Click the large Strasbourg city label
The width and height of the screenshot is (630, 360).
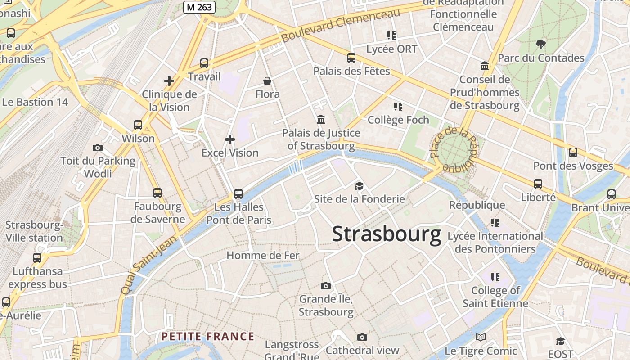click(387, 234)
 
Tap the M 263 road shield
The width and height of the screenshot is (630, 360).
click(199, 7)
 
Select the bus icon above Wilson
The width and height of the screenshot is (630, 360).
click(138, 125)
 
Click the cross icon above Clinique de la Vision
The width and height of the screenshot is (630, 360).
click(169, 81)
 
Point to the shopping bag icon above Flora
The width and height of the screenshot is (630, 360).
click(267, 81)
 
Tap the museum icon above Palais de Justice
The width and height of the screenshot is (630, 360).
click(321, 120)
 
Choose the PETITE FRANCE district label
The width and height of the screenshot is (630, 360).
click(208, 337)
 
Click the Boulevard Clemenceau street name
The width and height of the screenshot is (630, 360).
click(341, 25)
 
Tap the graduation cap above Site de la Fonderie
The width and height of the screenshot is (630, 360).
click(359, 186)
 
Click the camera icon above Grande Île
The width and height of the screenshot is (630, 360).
click(326, 286)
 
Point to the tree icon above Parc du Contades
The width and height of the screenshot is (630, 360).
click(541, 44)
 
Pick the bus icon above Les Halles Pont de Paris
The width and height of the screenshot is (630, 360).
click(238, 194)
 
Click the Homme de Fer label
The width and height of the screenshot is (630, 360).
click(263, 256)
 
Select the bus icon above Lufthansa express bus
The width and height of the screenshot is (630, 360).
click(37, 258)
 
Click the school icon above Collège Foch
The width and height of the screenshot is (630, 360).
click(398, 107)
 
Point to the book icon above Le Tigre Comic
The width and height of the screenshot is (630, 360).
click(481, 337)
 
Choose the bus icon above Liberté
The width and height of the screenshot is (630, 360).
click(538, 184)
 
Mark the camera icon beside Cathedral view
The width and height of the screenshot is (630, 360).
click(362, 337)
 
